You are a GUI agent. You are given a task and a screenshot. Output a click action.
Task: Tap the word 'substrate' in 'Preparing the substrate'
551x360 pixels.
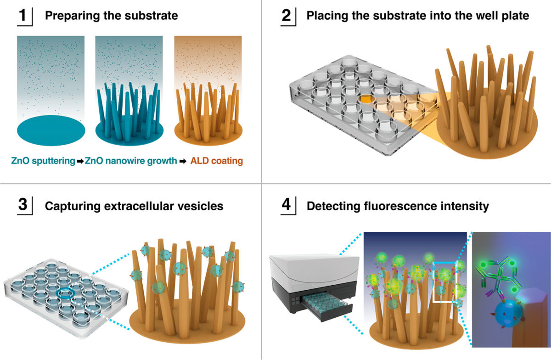tap(154, 16)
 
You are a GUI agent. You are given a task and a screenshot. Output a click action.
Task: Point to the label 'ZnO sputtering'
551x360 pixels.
tap(43, 161)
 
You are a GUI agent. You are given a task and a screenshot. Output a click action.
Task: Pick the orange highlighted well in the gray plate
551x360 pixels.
tap(365, 98)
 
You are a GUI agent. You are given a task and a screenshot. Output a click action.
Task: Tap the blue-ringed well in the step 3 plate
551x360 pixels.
tap(65, 293)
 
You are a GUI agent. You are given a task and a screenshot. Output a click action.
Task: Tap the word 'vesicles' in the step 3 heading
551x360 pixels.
tap(202, 205)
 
